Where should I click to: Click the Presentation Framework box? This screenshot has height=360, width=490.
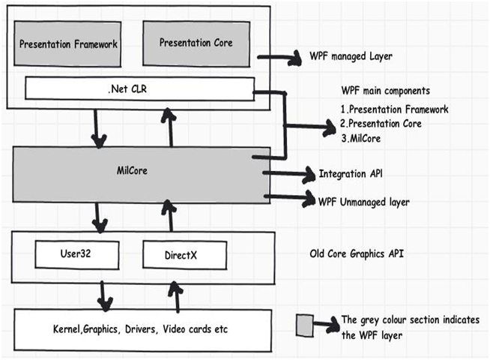[x=67, y=43]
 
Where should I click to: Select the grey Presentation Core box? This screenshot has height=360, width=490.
[x=196, y=43]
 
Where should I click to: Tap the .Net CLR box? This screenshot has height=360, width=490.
[x=139, y=89]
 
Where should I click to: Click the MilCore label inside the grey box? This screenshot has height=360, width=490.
[x=132, y=171]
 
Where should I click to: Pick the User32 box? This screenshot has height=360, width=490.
[x=77, y=254]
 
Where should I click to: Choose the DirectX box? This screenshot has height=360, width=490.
[x=185, y=255]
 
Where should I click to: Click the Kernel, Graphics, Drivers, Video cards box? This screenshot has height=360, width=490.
[x=142, y=330]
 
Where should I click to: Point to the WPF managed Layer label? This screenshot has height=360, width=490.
[x=351, y=56]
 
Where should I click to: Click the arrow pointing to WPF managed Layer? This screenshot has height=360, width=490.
[x=279, y=58]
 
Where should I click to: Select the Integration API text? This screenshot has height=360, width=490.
[x=351, y=174]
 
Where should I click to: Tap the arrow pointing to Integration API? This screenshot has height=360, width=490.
[x=289, y=173]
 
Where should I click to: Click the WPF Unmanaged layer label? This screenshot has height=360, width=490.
[x=363, y=202]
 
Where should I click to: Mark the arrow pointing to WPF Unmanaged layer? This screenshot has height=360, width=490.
[x=290, y=198]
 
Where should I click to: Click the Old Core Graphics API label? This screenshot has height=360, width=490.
[x=357, y=253]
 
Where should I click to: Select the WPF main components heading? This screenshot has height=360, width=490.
[x=386, y=91]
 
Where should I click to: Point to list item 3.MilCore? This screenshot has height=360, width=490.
[x=361, y=138]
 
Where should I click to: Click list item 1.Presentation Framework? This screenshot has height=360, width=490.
[x=395, y=109]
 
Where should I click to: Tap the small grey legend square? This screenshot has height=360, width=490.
[x=305, y=325]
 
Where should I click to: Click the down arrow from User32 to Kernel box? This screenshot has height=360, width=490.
[x=104, y=296]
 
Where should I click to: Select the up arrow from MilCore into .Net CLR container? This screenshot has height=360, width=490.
[x=169, y=127]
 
